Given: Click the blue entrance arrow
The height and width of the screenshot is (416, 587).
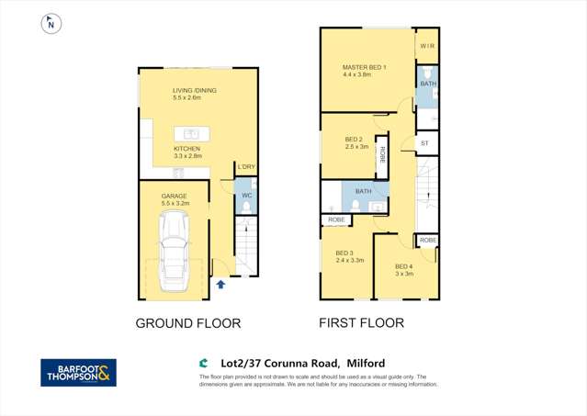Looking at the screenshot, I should tap(220, 284).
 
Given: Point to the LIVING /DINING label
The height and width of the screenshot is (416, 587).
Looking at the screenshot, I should tap(195, 90).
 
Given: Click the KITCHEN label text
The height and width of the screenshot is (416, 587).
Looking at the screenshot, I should tap(187, 148).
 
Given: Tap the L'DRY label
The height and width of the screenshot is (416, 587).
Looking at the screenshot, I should tap(245, 167).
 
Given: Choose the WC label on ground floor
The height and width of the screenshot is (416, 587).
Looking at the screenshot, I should tap(246, 196).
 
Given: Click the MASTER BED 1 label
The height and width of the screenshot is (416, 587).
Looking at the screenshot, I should tap(364, 67).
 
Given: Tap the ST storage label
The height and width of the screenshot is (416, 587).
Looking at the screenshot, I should tap(424, 144).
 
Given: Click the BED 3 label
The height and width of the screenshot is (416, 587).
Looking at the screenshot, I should tap(344, 253).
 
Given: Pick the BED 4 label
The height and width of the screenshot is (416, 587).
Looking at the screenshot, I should tap(404, 266).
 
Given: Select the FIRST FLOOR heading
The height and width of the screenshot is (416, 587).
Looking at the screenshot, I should tap(361, 323).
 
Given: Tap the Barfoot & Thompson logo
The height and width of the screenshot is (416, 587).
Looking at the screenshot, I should tap(78, 372).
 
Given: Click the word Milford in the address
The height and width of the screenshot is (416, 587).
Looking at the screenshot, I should tap(365, 364).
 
